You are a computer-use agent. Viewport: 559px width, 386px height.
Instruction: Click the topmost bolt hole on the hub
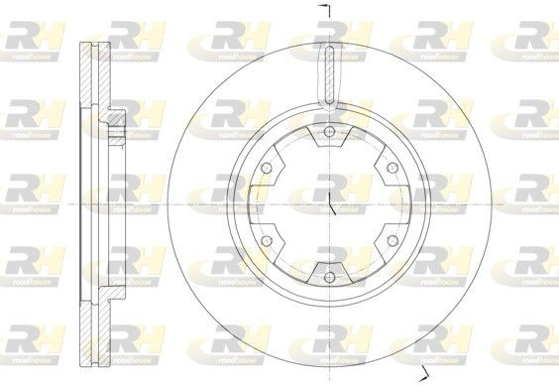click(x=328, y=132)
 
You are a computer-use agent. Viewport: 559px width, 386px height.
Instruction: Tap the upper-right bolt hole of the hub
click(x=390, y=167)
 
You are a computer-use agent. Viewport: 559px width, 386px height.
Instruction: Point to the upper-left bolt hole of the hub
click(x=266, y=167)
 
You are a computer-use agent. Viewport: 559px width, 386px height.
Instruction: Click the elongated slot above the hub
click(x=328, y=77)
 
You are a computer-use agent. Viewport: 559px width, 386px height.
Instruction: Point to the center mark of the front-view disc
click(x=328, y=204)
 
